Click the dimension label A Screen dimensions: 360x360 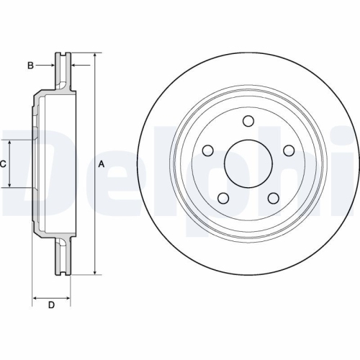click(x=102, y=164)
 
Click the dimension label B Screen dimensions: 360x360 click(x=30, y=66)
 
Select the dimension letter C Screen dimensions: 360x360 click(x=3, y=164)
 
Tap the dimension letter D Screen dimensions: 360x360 click(x=51, y=305)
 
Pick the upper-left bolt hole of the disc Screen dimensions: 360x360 click(x=208, y=150)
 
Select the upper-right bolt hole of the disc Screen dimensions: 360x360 click(x=289, y=150)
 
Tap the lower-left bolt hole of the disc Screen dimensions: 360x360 click(x=223, y=198)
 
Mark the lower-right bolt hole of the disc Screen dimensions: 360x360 click(x=274, y=198)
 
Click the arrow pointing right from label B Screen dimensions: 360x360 click(x=52, y=66)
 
